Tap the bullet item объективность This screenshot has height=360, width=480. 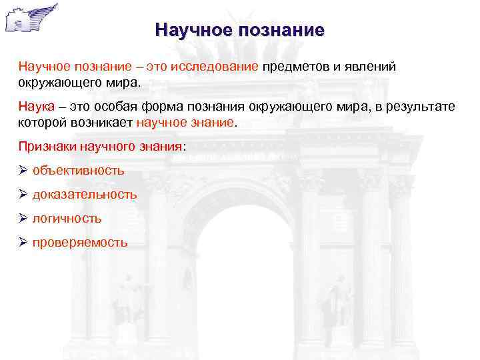point(78,170)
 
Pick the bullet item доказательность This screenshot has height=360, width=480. point(85,194)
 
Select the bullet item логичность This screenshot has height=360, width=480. point(67,218)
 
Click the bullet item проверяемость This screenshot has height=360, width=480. point(80,242)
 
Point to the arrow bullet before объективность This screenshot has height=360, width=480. point(23,170)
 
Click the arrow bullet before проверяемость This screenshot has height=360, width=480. point(23,242)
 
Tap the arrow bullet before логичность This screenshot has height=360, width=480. point(23,218)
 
